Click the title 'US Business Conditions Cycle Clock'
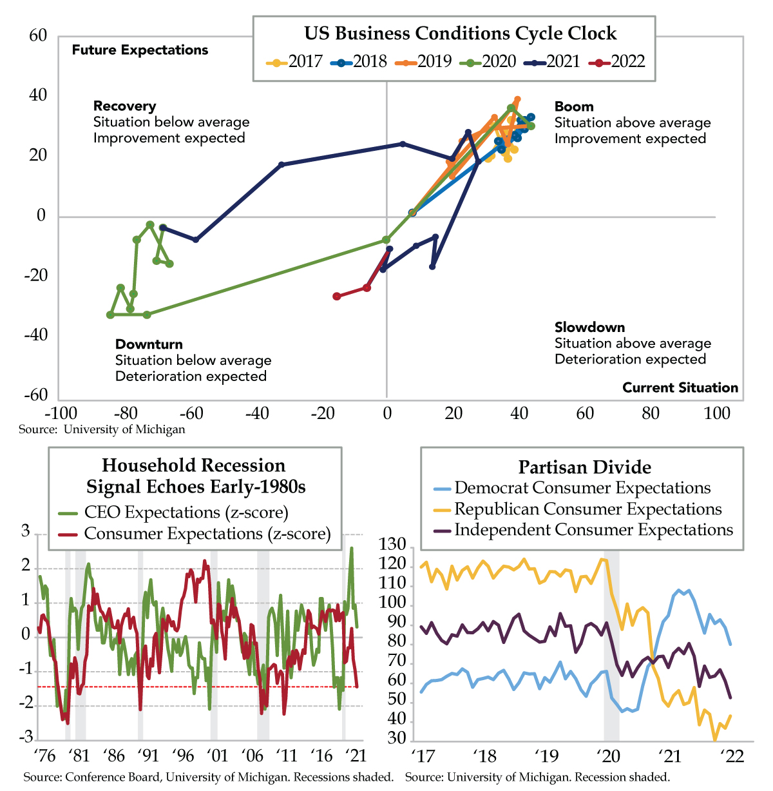tap(460, 34)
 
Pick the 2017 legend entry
tap(295, 62)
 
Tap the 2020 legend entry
tap(489, 62)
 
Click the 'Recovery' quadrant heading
tap(125, 106)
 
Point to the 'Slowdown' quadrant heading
tap(589, 327)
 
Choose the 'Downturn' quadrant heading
tap(149, 344)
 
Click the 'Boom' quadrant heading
tap(574, 106)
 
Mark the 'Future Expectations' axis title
tap(140, 50)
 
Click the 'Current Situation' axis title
tap(680, 387)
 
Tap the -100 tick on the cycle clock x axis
tap(60, 413)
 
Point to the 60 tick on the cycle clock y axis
tap(39, 35)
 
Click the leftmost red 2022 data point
tap(336, 296)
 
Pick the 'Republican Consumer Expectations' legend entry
tap(587, 509)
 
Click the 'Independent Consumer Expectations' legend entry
tap(593, 530)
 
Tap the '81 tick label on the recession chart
tap(79, 756)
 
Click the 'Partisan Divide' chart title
tap(584, 467)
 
